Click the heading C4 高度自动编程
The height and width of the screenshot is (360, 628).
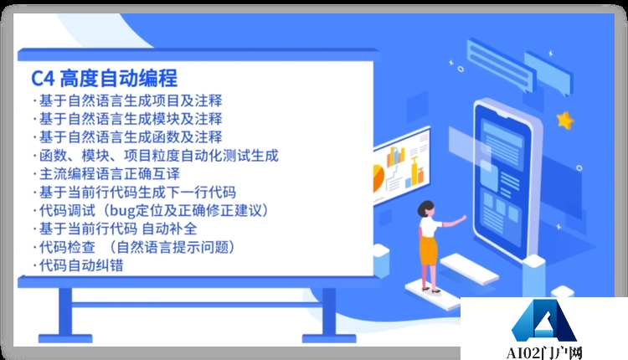click(104, 80)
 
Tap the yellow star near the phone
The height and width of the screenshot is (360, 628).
click(566, 121)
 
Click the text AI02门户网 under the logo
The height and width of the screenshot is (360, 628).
click(545, 351)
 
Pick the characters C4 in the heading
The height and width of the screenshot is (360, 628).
click(43, 80)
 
